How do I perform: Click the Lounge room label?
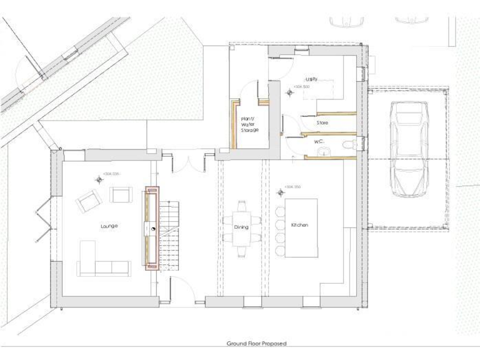click(110, 225)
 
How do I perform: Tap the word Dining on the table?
click(241, 227)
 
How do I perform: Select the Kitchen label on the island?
click(297, 224)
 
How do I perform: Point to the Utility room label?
click(312, 79)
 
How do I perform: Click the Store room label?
click(322, 123)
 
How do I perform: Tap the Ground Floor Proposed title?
click(257, 344)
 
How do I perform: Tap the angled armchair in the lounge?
click(87, 202)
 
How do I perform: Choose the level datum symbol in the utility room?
click(289, 92)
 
